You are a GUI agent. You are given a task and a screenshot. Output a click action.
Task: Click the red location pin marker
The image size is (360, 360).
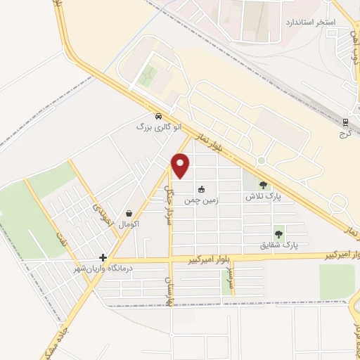(181, 165)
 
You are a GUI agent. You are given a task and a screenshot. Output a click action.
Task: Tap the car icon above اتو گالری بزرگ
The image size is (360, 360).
(158, 116)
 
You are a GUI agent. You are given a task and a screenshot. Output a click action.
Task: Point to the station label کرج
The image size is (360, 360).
(345, 133)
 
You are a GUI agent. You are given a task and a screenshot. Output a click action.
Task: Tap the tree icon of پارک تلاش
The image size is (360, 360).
(263, 186)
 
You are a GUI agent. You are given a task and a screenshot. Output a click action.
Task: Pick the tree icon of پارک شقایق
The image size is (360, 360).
(279, 234)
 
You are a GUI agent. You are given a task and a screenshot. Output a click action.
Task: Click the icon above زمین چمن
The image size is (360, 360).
(201, 188)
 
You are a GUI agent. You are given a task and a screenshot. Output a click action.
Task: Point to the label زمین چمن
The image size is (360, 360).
(198, 200)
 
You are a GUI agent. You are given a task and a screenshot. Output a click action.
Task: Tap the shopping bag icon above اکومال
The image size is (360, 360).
(129, 212)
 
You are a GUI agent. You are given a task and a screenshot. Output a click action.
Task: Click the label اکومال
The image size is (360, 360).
(129, 224)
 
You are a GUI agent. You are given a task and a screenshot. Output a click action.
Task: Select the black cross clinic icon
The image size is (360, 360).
(103, 258)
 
